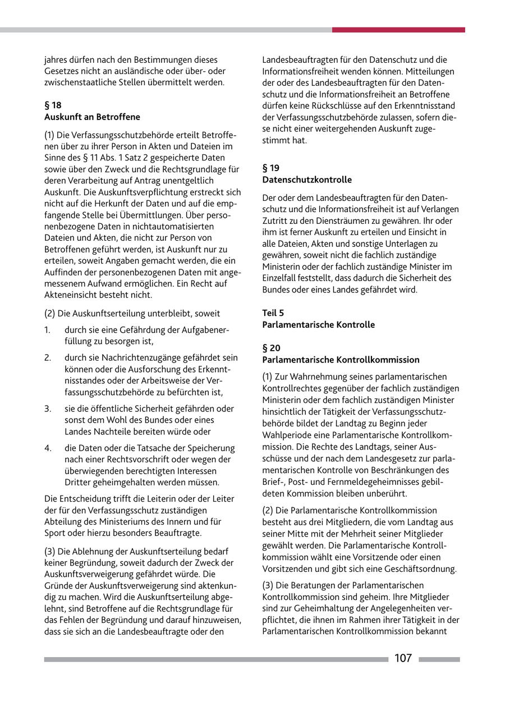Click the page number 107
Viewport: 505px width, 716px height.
(403, 658)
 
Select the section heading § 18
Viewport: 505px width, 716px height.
(53, 105)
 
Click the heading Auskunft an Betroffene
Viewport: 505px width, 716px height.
(92, 117)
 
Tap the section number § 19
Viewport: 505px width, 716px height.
(270, 168)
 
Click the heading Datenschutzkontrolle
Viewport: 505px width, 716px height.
(307, 180)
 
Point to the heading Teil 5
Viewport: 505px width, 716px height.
(273, 313)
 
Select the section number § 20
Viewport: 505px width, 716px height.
(271, 348)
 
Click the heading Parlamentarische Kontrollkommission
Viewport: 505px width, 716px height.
(341, 360)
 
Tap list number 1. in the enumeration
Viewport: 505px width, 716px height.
(48, 329)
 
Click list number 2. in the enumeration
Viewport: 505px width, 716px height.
(48, 357)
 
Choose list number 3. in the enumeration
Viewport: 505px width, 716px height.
(48, 409)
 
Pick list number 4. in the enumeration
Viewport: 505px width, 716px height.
(48, 448)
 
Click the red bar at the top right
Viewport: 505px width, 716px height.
(398, 30)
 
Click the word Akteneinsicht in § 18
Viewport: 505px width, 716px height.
(69, 295)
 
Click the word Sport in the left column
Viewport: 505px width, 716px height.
(54, 533)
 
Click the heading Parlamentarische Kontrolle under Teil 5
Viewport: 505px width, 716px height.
(318, 325)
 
